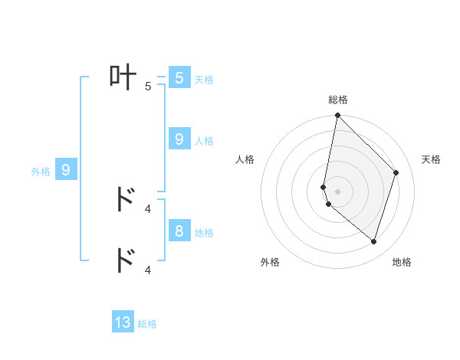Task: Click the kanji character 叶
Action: click(x=123, y=77)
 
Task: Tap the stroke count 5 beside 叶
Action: click(x=148, y=87)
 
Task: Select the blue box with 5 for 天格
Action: click(x=179, y=77)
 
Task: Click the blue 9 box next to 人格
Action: click(x=179, y=139)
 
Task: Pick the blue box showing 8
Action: click(x=179, y=231)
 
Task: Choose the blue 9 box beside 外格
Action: click(x=66, y=170)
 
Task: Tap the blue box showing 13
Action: click(x=123, y=322)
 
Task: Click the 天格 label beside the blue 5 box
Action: click(x=204, y=79)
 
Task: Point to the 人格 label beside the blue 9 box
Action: click(x=204, y=141)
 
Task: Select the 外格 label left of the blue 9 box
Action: click(x=41, y=172)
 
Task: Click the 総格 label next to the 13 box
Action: click(x=147, y=325)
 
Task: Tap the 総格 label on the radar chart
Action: click(x=338, y=100)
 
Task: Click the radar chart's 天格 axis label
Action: click(x=432, y=159)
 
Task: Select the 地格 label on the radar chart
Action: click(x=402, y=262)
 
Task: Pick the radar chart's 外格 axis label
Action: click(x=270, y=262)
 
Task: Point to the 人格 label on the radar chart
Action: click(x=245, y=159)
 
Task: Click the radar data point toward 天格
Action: click(x=396, y=172)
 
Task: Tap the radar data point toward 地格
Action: click(x=373, y=241)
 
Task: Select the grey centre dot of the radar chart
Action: click(x=338, y=191)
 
